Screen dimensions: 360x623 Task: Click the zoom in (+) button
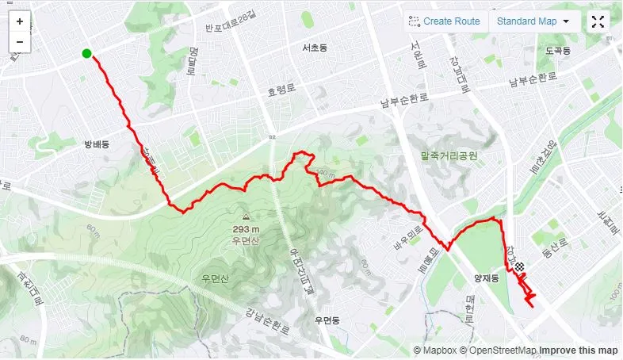[20, 22]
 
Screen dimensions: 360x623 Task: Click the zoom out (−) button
[20, 41]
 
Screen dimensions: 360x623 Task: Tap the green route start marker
[86, 54]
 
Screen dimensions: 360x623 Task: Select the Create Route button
[444, 21]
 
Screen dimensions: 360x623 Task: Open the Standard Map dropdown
[533, 21]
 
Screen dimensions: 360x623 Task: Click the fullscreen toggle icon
[598, 21]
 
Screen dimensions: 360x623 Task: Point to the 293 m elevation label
[246, 230]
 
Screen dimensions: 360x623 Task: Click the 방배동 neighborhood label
[96, 144]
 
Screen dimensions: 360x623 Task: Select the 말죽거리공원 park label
[450, 156]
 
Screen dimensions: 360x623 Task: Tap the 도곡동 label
[558, 50]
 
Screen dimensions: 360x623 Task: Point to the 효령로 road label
[281, 91]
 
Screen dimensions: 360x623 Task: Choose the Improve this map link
[579, 350]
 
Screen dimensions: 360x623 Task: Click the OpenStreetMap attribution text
[503, 350]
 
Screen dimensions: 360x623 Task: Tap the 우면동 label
[327, 320]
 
